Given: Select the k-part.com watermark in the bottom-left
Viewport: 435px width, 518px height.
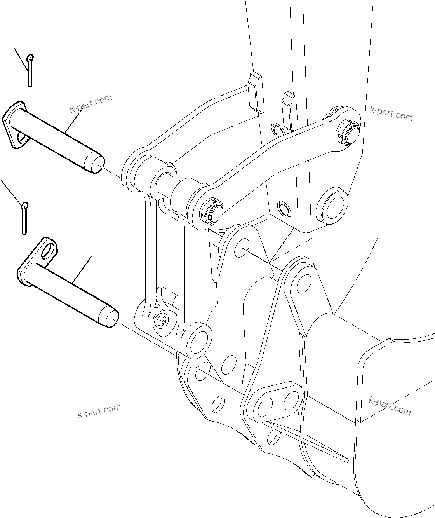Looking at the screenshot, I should click(x=99, y=411).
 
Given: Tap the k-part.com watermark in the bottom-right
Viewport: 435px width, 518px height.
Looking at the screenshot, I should click(x=390, y=406).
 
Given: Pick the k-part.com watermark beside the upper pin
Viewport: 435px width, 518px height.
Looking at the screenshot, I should click(x=90, y=103).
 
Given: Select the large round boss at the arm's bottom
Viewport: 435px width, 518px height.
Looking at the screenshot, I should click(x=332, y=206).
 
